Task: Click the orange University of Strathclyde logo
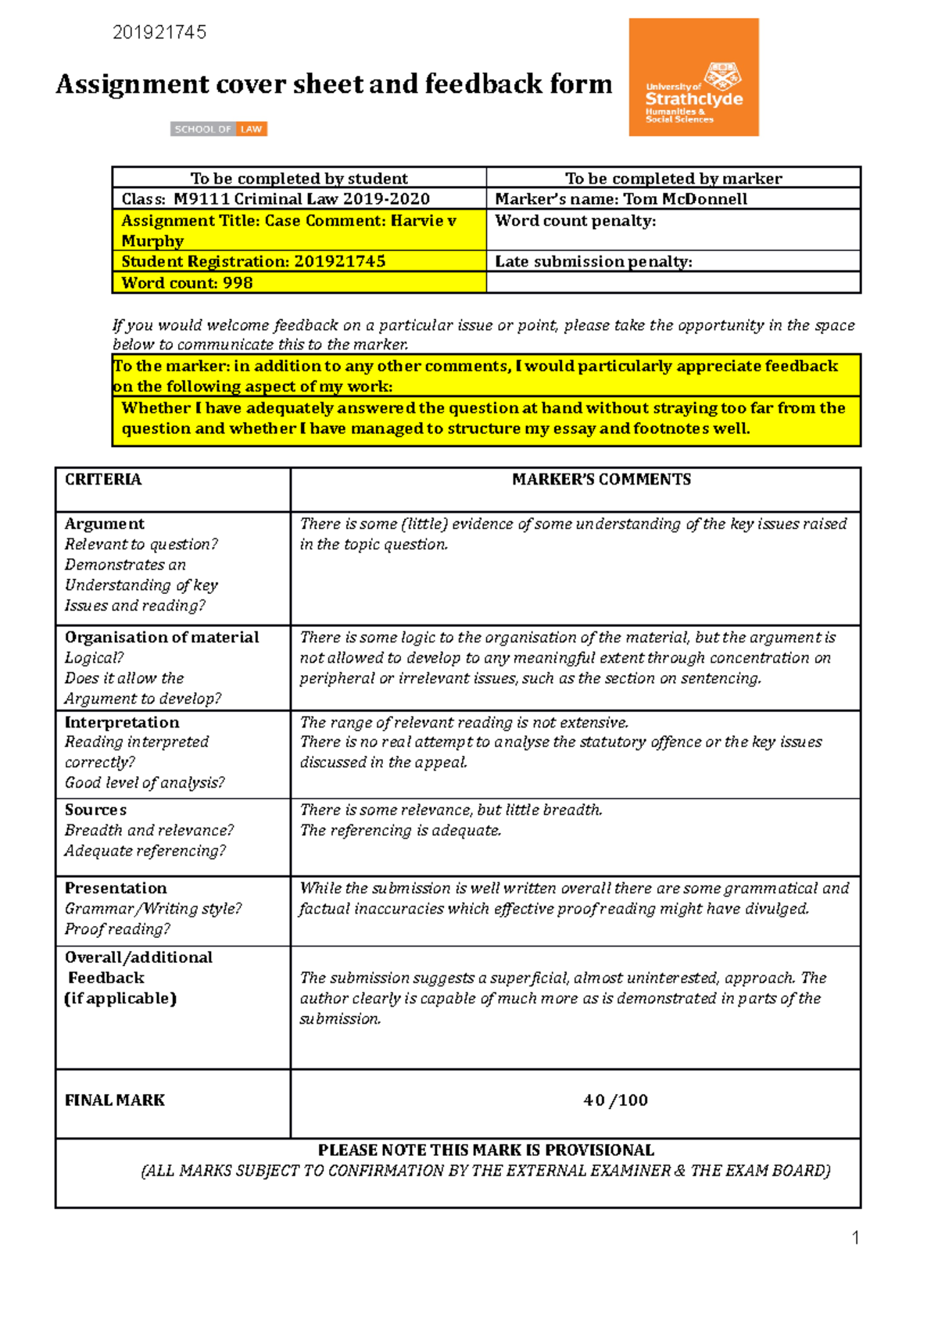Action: point(693,77)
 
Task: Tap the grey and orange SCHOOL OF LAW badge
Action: point(219,129)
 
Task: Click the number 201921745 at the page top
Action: point(159,32)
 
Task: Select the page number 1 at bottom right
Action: point(855,1237)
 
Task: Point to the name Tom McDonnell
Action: point(685,199)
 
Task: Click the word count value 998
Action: point(238,283)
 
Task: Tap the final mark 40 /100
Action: point(615,1100)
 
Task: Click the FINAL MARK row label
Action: point(115,1100)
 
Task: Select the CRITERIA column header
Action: point(103,479)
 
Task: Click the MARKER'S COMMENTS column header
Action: point(601,479)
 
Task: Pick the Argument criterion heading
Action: point(105,524)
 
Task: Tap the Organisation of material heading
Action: point(162,637)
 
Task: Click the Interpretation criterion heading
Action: point(122,722)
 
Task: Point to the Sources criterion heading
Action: point(95,810)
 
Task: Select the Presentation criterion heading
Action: point(116,888)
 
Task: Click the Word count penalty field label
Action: point(575,221)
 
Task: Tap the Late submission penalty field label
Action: point(593,262)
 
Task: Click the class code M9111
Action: point(201,199)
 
